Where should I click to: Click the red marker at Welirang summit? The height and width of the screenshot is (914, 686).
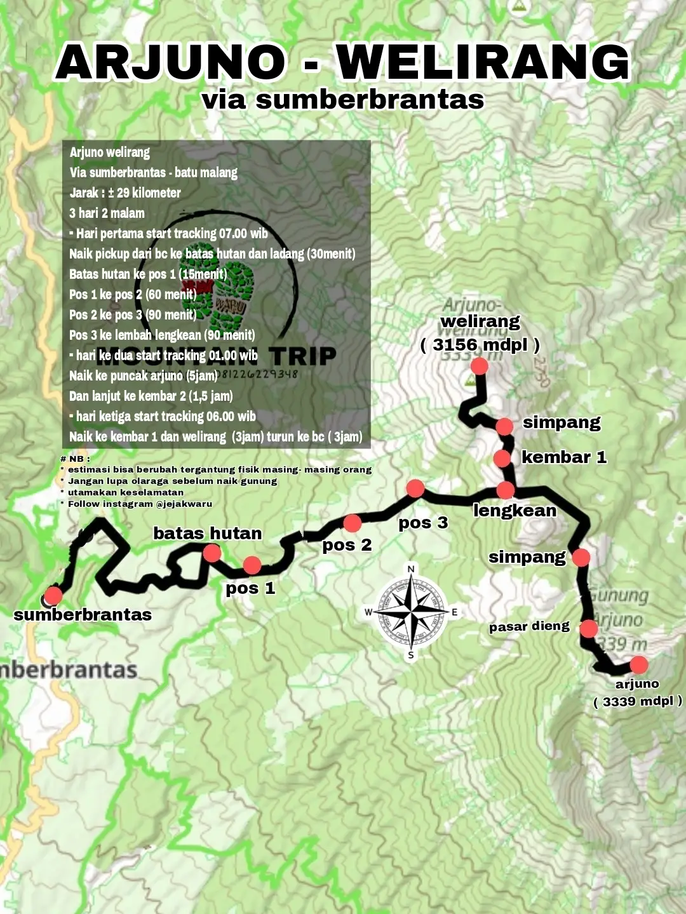click(479, 366)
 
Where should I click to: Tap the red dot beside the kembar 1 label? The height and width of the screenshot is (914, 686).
click(502, 458)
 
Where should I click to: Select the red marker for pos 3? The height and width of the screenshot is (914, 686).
click(415, 488)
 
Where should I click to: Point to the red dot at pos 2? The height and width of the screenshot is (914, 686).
click(352, 523)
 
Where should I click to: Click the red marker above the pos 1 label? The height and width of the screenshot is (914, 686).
click(252, 565)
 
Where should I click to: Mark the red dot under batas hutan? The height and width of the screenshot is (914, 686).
click(212, 553)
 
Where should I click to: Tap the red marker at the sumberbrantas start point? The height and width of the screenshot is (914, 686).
click(53, 596)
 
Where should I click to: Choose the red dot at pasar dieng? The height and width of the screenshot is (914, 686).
click(589, 629)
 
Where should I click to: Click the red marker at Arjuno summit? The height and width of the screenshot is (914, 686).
click(638, 665)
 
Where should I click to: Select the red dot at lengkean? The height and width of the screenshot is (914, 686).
click(506, 490)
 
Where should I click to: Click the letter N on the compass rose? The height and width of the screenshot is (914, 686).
click(411, 569)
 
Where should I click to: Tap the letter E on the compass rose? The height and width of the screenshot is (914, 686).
click(455, 612)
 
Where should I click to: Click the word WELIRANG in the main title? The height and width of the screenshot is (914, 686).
click(483, 62)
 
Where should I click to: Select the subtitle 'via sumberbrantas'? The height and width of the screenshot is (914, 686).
click(343, 100)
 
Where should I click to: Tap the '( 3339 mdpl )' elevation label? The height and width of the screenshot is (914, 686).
click(638, 701)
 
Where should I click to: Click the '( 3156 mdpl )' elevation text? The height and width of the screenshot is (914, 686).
click(480, 345)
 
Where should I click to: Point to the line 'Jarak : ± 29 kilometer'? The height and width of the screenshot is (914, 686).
click(125, 192)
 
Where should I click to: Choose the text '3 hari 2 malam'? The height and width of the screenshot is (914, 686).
click(107, 213)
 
